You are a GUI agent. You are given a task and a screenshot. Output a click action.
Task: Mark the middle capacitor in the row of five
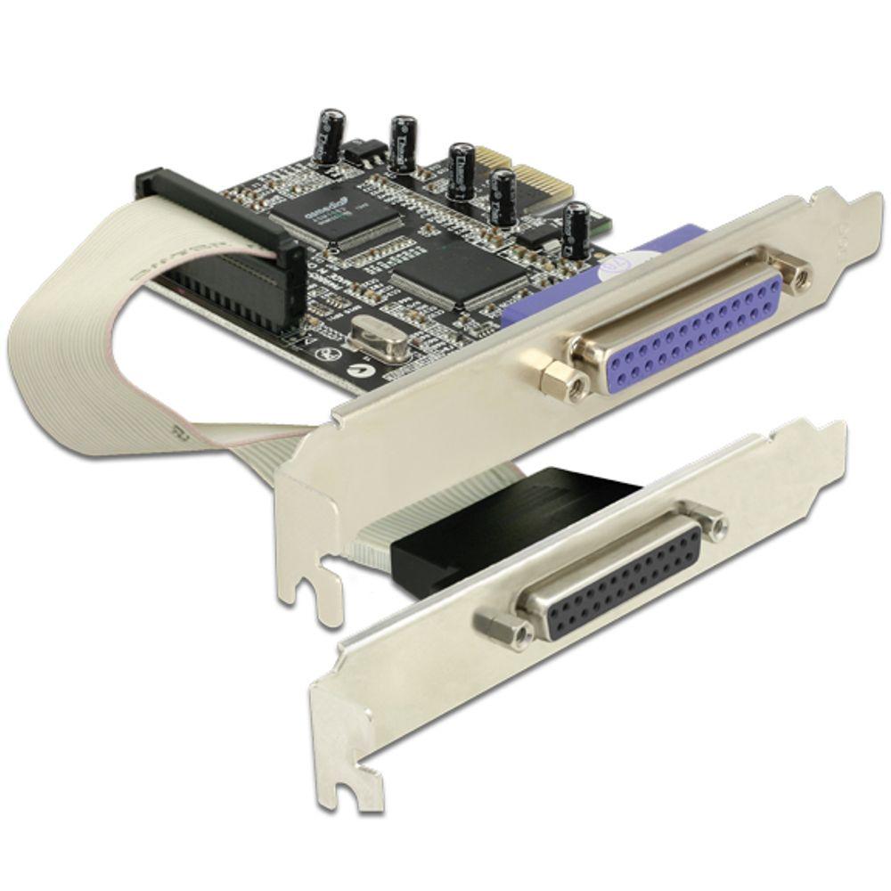(x=461, y=169)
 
